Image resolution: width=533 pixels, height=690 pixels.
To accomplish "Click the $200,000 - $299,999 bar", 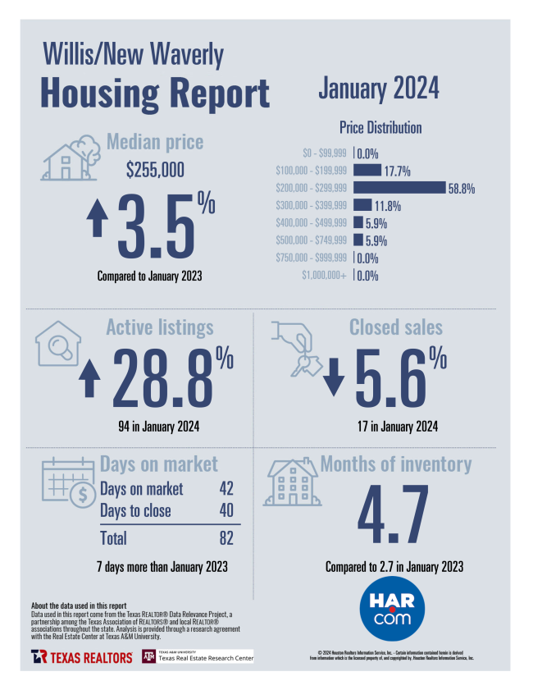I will pos(399,188).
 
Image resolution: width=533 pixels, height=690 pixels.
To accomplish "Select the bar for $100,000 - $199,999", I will pos(368,171).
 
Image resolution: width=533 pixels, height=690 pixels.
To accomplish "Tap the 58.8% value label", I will pos(462,189).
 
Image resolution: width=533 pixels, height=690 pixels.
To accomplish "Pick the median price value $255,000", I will pos(155,170).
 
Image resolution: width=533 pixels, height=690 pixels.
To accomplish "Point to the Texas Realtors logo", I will pos(82,657).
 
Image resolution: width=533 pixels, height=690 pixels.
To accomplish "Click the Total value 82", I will pos(225,538).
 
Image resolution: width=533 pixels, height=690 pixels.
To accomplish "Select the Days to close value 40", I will pos(226,511).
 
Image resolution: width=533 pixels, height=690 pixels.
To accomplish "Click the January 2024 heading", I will pos(379,88).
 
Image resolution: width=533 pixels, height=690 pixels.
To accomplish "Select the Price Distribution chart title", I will pos(380,128).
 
